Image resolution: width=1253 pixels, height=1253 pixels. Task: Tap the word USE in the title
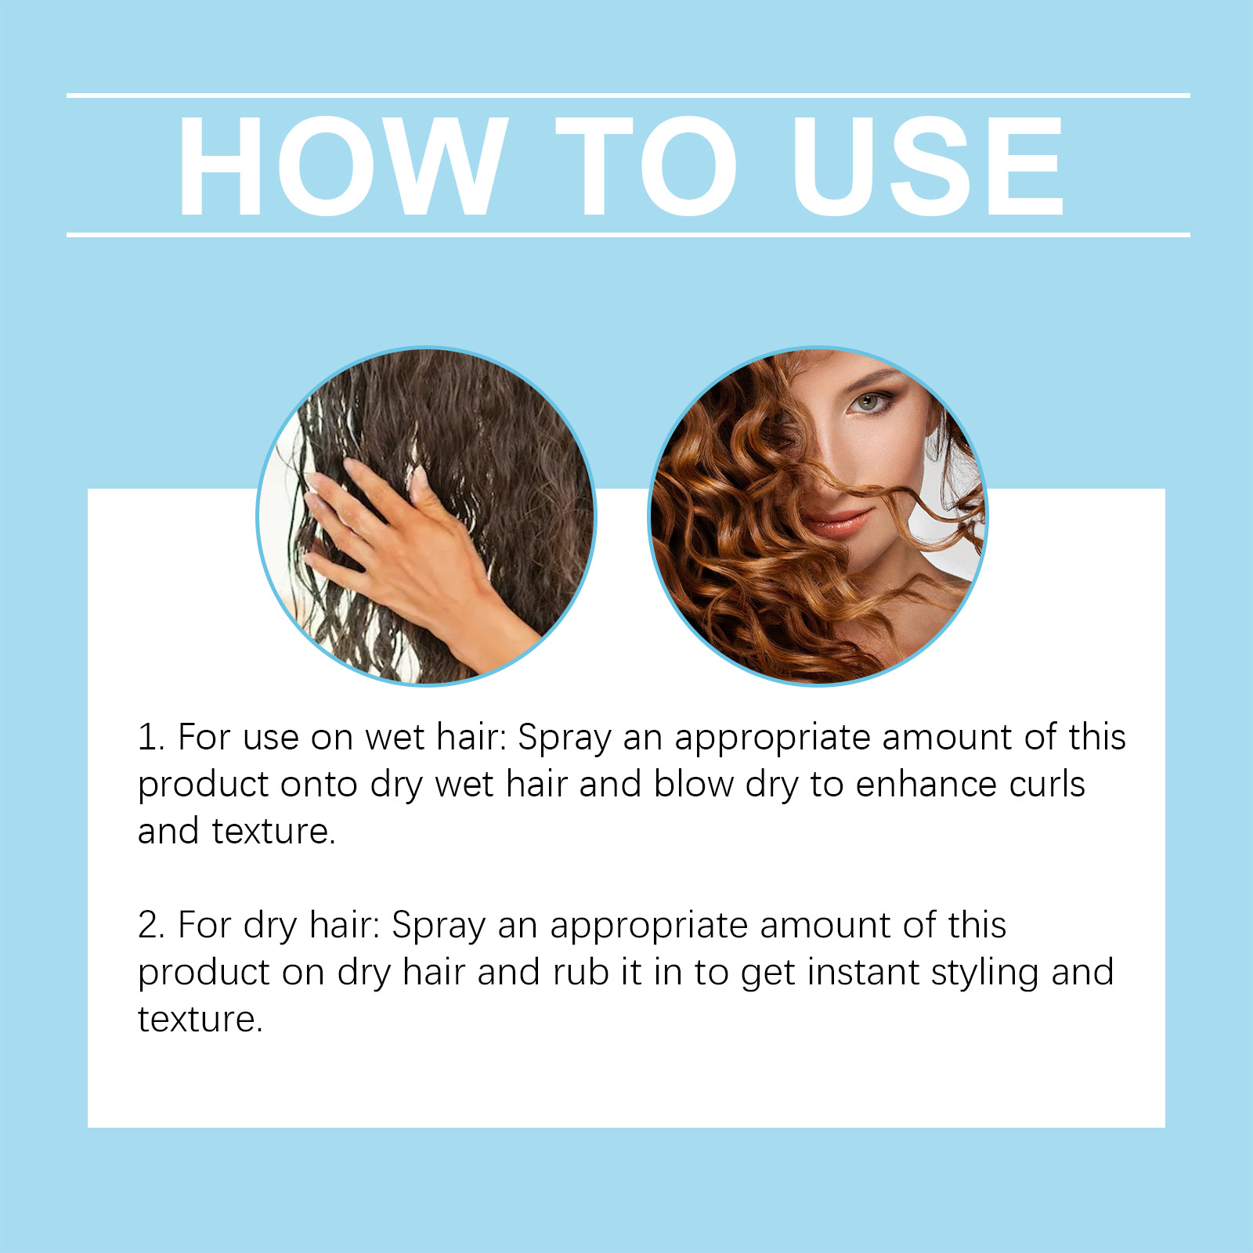[x=929, y=166]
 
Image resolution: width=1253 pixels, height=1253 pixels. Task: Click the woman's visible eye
[x=867, y=403]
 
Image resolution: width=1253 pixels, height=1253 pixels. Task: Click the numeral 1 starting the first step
[x=149, y=738]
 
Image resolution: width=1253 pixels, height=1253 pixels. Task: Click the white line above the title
[x=628, y=96]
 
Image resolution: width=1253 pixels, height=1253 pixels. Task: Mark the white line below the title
[x=628, y=234]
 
